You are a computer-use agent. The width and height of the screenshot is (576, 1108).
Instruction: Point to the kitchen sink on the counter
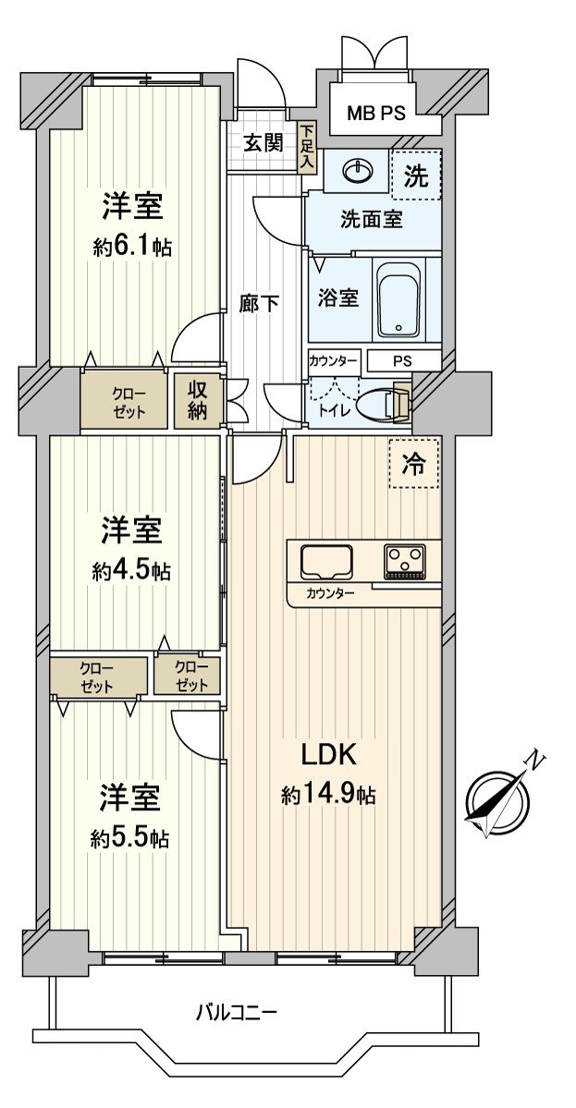coord(325,561)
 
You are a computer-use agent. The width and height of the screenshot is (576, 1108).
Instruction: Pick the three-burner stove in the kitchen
coord(405,560)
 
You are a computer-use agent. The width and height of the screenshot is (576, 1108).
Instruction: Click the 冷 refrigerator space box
coord(413,464)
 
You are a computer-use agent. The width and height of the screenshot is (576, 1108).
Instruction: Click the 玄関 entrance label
coord(263,143)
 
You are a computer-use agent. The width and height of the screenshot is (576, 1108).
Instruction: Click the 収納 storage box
coord(199,399)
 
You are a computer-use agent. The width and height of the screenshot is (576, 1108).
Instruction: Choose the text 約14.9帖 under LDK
coord(328,796)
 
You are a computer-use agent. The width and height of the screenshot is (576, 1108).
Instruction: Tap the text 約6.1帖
coord(132,248)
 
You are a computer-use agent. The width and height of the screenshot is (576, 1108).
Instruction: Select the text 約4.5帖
coord(131,571)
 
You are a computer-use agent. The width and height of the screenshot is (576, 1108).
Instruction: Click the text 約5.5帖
coord(130,838)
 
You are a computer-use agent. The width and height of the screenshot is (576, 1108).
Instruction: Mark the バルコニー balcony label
coord(236,1012)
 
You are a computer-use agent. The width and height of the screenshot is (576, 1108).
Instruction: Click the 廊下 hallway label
coord(259,302)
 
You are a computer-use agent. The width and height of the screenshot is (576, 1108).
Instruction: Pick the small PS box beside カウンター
coord(404,359)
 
